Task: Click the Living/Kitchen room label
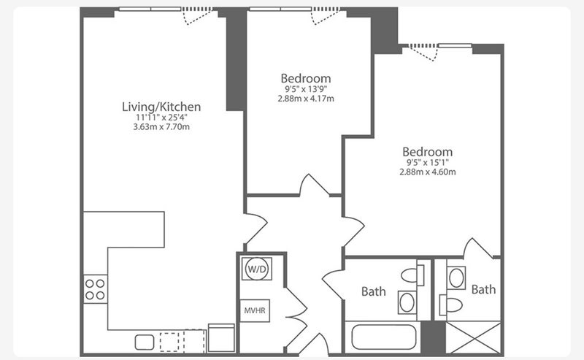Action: click(x=161, y=107)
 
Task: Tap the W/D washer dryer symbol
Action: click(x=257, y=269)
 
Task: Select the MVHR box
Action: click(x=255, y=310)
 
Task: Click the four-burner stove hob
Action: click(x=95, y=289)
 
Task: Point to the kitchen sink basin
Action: click(x=145, y=342)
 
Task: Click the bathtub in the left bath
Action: click(x=384, y=337)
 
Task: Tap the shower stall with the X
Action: click(x=473, y=337)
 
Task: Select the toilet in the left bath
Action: click(x=412, y=275)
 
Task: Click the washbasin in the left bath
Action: click(x=407, y=302)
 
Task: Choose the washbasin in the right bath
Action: click(x=456, y=277)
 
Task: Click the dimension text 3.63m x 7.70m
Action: click(x=161, y=127)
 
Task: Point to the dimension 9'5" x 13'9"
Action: click(x=306, y=89)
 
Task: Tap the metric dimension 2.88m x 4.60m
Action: click(x=428, y=172)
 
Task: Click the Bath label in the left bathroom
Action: click(x=374, y=291)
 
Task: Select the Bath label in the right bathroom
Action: click(x=483, y=289)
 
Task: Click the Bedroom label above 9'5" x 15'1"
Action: click(x=428, y=152)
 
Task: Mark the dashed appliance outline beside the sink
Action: click(x=182, y=340)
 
